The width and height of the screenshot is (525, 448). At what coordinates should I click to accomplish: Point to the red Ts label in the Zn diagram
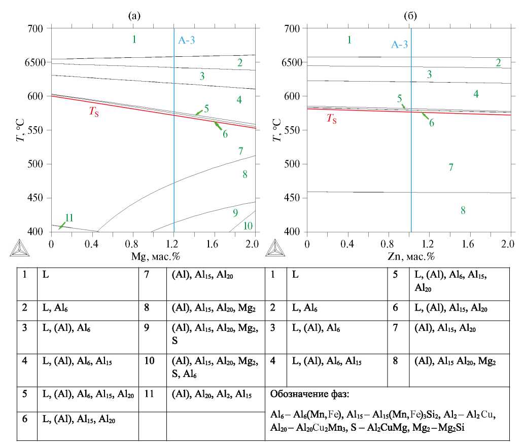331,119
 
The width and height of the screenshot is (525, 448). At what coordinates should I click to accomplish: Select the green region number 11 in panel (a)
69,218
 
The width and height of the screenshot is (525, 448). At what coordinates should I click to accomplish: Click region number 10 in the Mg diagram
248,226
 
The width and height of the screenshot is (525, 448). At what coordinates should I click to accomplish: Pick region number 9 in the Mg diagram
235,212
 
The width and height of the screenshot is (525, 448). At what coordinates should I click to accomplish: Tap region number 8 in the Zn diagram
463,210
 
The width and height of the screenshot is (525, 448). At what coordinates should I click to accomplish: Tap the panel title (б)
410,16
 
